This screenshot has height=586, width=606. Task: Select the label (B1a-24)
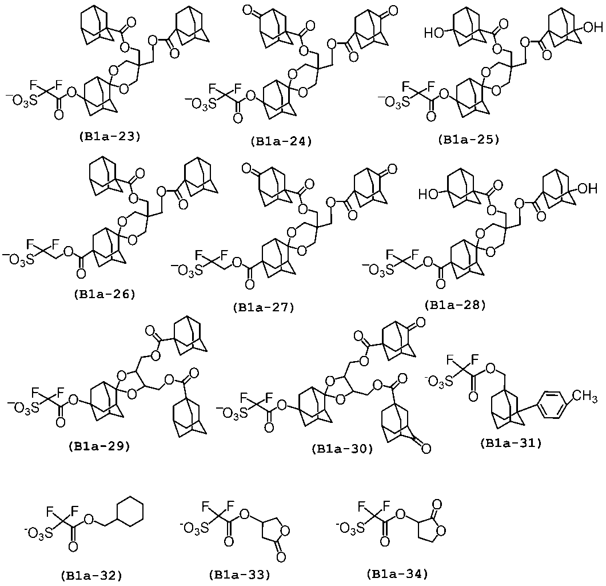281,141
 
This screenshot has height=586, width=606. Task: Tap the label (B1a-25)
469,139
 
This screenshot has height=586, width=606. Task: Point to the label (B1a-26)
105,294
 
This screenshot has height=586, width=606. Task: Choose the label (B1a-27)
264,307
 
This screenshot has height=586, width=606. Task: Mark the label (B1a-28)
455,305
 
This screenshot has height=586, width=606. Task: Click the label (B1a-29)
99,446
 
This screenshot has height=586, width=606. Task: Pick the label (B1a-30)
342,449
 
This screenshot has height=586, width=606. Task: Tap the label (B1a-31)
511,444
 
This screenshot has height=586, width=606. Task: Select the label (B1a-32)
91,576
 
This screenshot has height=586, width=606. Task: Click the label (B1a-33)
240,575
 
